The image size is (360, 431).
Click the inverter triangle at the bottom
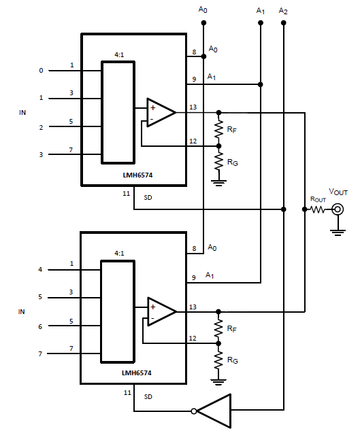click(214, 410)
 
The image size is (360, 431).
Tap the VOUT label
click(338, 194)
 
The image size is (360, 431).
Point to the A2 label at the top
click(283, 12)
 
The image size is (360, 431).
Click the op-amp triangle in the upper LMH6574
click(161, 112)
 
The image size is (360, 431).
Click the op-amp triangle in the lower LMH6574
click(161, 311)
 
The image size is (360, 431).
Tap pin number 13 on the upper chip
click(193, 106)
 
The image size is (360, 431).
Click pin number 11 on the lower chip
click(127, 392)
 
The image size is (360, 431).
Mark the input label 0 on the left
click(41, 70)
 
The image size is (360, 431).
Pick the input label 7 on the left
click(41, 354)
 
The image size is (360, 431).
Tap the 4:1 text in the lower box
click(120, 253)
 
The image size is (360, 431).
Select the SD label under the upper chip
click(148, 198)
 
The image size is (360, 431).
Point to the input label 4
click(41, 269)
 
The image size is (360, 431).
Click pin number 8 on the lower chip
click(193, 249)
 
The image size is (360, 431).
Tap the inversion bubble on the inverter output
click(195, 411)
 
